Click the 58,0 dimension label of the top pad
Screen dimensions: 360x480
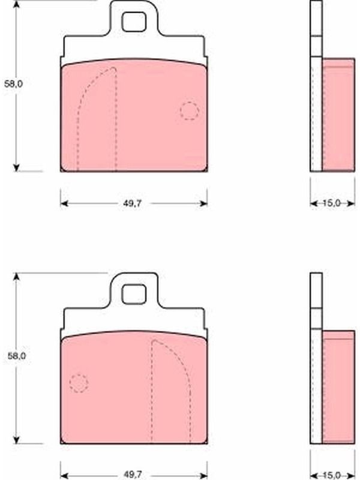point(13,84)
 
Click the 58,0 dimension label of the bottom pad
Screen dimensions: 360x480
point(17,356)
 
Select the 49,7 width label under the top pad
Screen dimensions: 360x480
point(133,203)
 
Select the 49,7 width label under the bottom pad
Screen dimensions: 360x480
point(133,475)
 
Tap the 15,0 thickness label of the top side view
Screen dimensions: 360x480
point(332,203)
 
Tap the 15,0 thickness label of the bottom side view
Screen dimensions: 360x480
point(332,475)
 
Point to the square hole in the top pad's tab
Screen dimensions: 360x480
point(134,22)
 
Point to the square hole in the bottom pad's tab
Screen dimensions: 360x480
point(134,294)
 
